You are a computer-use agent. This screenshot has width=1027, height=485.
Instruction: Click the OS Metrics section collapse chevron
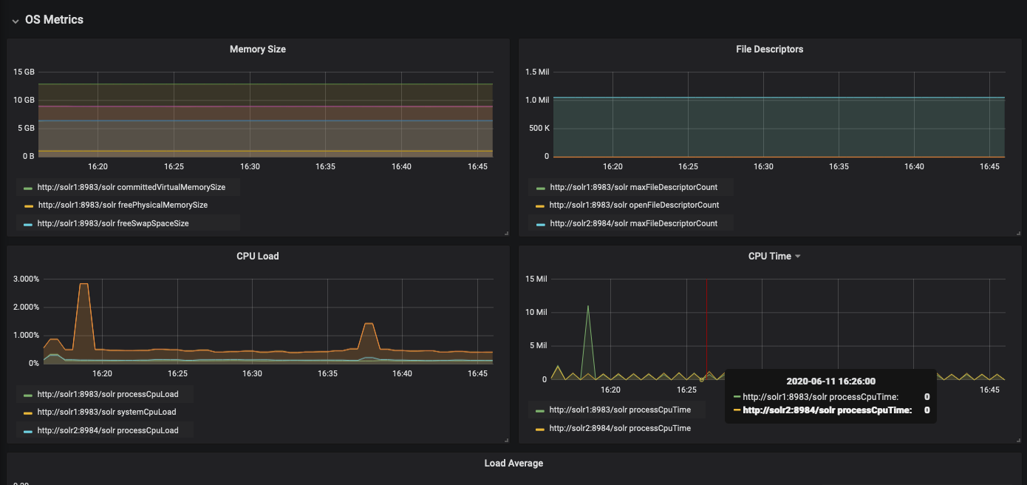[x=15, y=21]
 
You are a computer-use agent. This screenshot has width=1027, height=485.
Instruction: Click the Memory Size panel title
[x=257, y=50]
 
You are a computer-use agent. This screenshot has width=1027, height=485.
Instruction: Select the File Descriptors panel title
[x=769, y=50]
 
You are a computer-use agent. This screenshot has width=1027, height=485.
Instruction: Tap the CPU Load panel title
[x=257, y=257]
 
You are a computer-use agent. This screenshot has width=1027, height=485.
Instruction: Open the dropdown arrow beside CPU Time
[x=798, y=257]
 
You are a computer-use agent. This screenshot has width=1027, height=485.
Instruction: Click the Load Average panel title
[x=513, y=464]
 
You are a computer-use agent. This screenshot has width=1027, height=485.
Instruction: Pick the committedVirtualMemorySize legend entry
[x=131, y=188]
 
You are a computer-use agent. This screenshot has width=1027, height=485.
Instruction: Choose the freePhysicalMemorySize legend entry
[x=122, y=206]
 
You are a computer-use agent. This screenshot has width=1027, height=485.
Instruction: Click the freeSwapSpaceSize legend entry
[x=112, y=223]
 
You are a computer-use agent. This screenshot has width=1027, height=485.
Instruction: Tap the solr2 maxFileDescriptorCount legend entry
[x=633, y=223]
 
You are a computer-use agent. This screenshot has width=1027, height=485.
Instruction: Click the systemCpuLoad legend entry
[x=106, y=413]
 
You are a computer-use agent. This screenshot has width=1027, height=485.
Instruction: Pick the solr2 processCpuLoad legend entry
[x=107, y=430]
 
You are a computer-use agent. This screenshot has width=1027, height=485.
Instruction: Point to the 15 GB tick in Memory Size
[x=24, y=72]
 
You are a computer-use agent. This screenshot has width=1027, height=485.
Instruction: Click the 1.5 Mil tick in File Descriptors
[x=537, y=72]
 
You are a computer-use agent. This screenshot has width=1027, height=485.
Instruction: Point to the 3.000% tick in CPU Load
[x=27, y=279]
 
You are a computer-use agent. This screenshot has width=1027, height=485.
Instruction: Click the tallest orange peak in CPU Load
[x=83, y=284]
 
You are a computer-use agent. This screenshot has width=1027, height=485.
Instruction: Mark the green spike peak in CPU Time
[x=588, y=306]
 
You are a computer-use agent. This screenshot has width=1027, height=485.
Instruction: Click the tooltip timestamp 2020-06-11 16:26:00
[x=830, y=381]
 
